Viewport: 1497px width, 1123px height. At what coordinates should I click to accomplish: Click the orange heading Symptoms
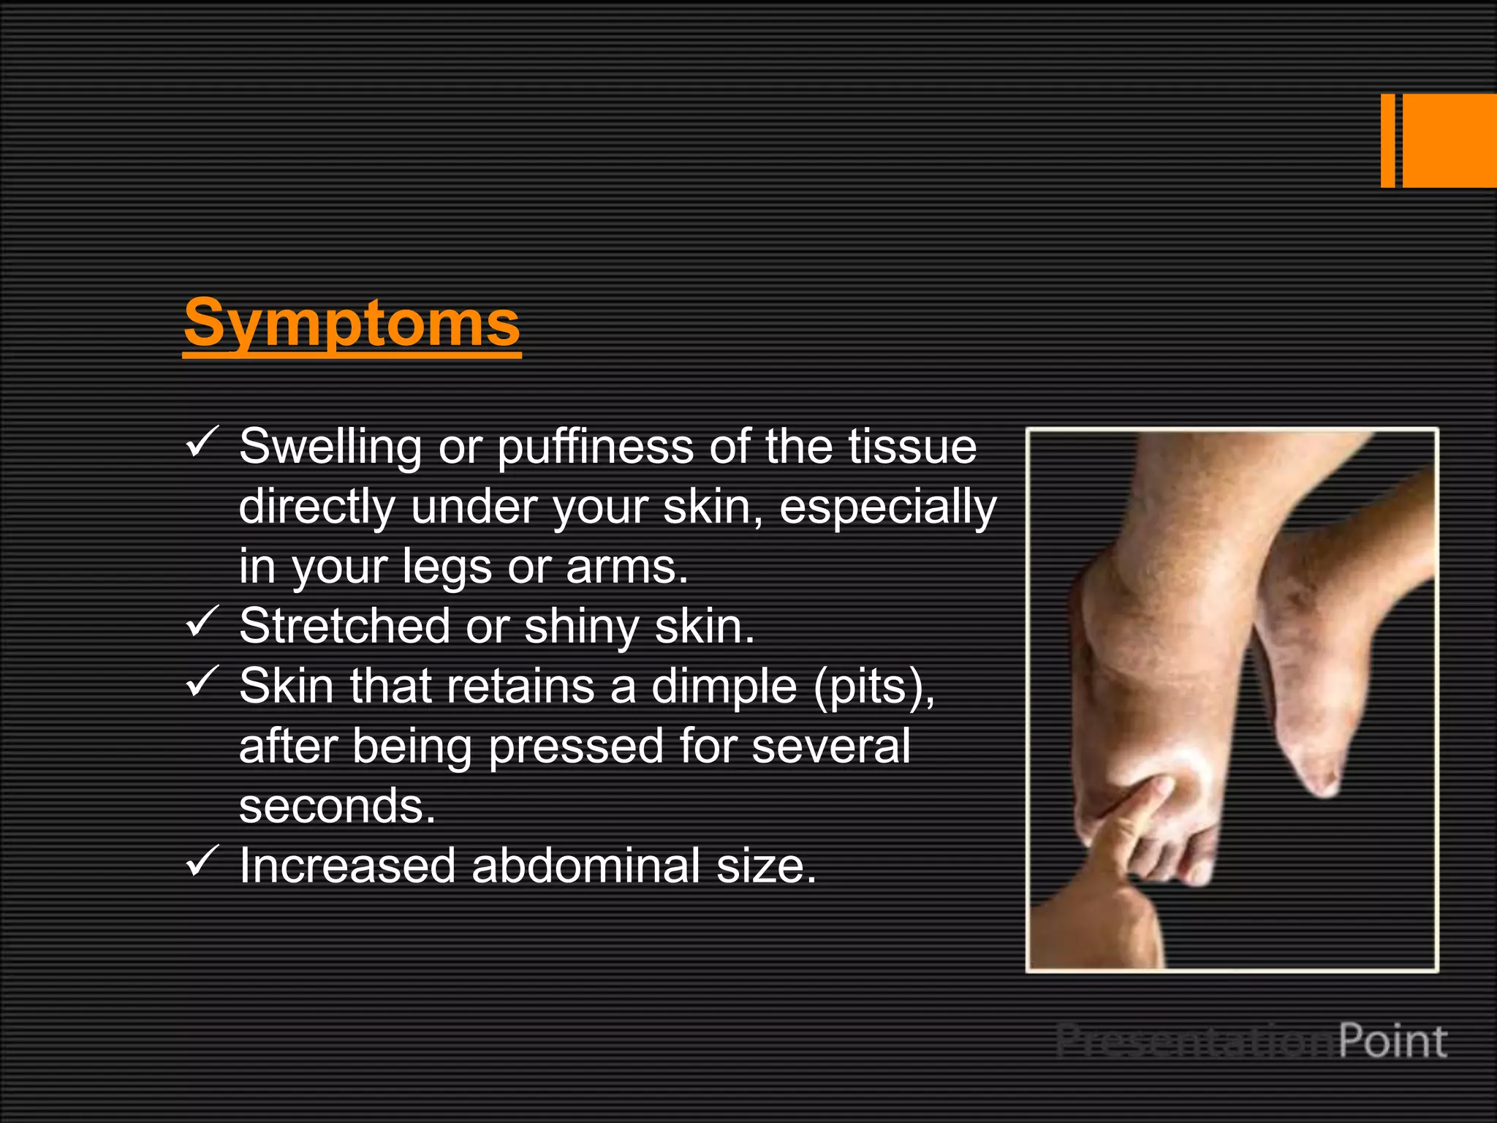[352, 323]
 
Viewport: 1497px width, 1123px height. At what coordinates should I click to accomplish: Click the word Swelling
[330, 447]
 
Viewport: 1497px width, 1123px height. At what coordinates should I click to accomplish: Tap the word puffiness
[595, 447]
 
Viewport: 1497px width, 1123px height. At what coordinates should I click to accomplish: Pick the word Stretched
[344, 627]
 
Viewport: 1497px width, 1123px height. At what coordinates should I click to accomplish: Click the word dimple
[724, 687]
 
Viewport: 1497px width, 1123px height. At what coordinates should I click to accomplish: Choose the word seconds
[337, 806]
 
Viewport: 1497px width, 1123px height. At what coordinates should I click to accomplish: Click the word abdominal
[585, 866]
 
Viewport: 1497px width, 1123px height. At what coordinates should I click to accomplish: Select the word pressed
[576, 747]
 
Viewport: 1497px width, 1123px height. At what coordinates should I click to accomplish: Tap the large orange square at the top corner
[1449, 140]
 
